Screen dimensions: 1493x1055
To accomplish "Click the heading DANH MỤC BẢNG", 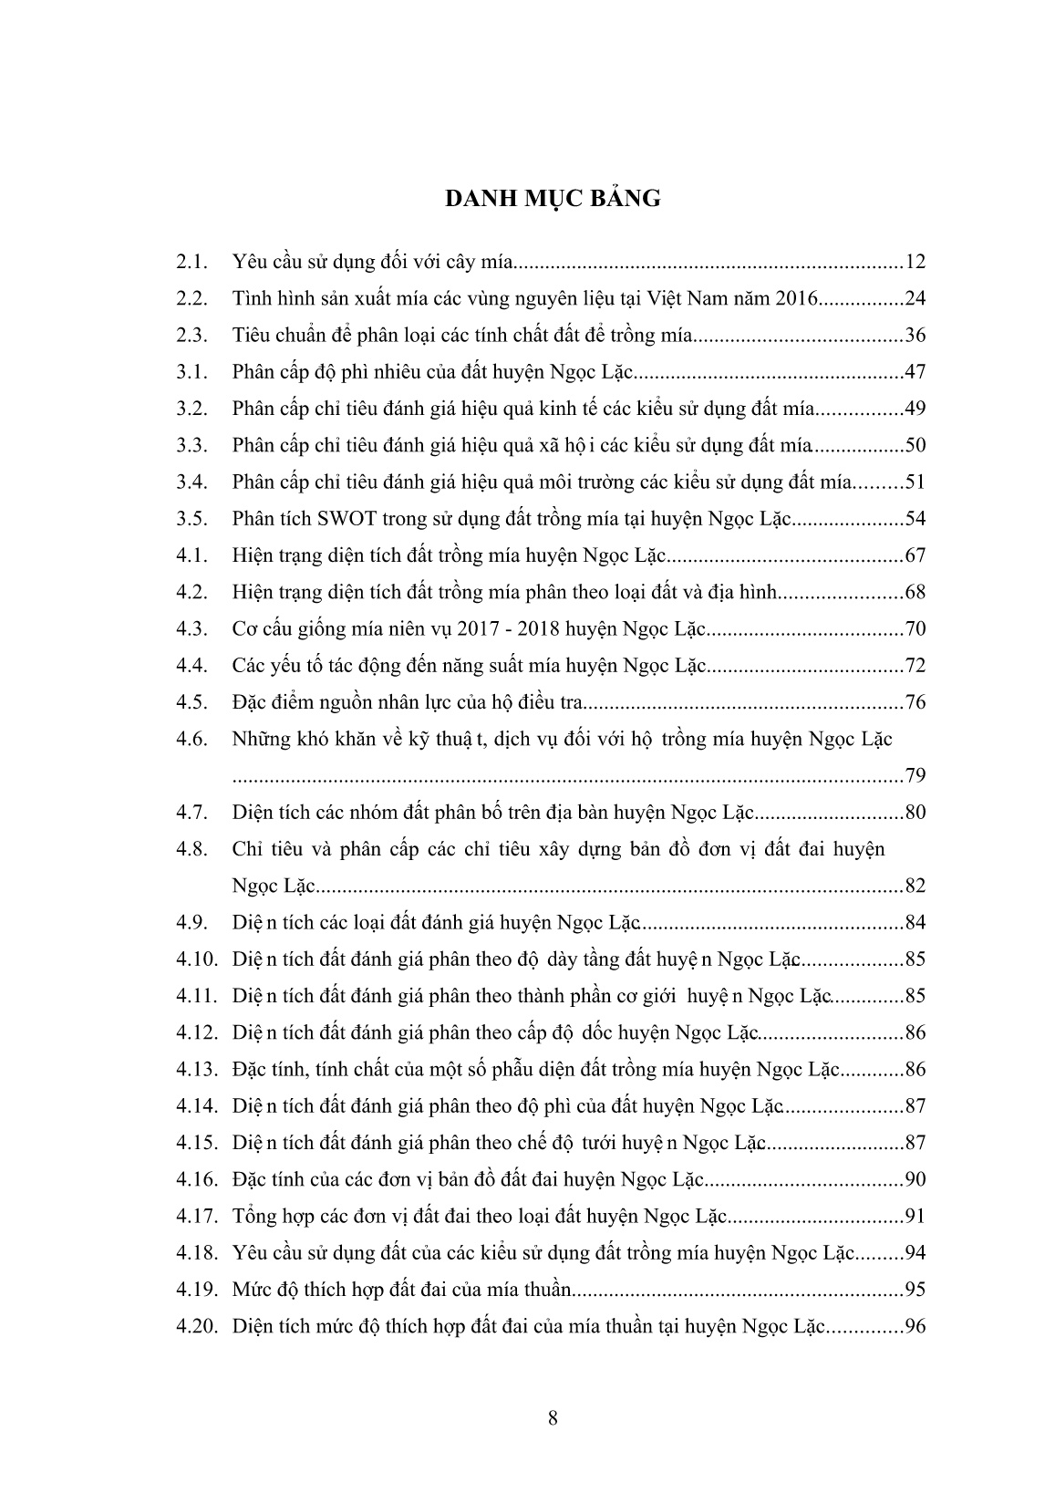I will point(552,198).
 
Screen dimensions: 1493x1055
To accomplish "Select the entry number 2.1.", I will point(192,263).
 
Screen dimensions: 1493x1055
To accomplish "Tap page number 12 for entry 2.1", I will point(915,263).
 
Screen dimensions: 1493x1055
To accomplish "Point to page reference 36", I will point(915,336).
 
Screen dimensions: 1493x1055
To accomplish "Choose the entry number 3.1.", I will point(192,372).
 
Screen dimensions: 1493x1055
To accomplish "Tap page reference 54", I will point(915,519).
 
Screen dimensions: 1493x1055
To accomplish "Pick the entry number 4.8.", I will point(192,849).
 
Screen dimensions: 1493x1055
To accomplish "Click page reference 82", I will point(915,886).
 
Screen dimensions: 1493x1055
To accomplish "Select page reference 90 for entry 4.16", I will point(915,1179).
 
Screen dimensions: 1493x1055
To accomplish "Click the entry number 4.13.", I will point(197,1069).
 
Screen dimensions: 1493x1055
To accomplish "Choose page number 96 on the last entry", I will point(915,1326).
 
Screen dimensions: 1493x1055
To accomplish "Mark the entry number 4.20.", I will point(197,1326).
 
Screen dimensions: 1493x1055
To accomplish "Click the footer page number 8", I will point(553,1417).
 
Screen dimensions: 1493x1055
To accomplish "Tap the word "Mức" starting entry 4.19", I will point(251,1290).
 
